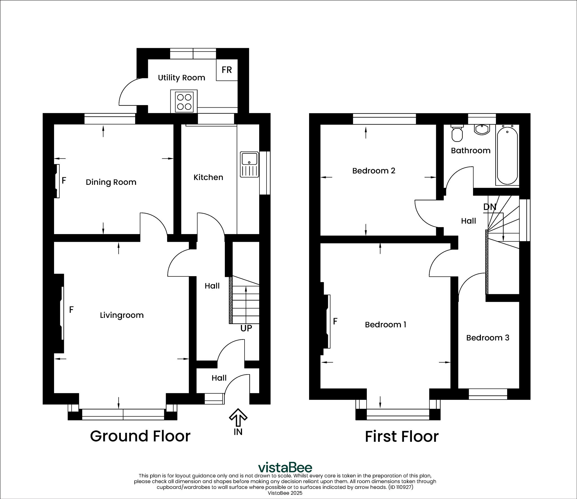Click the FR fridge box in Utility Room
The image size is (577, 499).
[x=227, y=70]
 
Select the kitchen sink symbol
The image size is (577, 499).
[x=249, y=165]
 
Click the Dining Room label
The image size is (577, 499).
[x=111, y=182]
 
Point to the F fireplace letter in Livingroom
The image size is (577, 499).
[x=71, y=310]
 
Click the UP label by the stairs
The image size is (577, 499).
[x=246, y=328]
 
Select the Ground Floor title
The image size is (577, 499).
[x=140, y=436]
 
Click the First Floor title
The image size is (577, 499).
[x=401, y=437]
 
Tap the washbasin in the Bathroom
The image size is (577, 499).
[x=482, y=129]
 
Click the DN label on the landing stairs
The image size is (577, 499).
[x=490, y=207]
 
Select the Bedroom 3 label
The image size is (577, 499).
[x=488, y=338]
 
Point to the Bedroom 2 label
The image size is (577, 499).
[x=374, y=171]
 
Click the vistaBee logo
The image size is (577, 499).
[x=285, y=467]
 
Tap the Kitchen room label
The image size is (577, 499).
[x=208, y=178]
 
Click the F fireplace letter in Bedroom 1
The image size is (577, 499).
[x=335, y=321]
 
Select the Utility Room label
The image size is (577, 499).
[x=181, y=78]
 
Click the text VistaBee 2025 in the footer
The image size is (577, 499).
[x=285, y=493]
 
